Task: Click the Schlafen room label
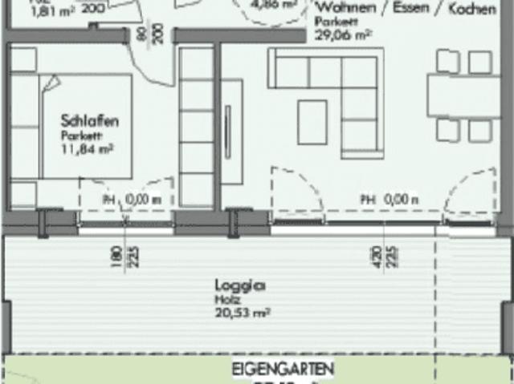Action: [90, 121]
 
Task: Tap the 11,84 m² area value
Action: [86, 148]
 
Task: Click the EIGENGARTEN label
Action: [282, 370]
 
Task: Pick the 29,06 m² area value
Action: [343, 35]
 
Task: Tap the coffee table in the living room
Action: [312, 122]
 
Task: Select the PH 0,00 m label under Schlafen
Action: [132, 200]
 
